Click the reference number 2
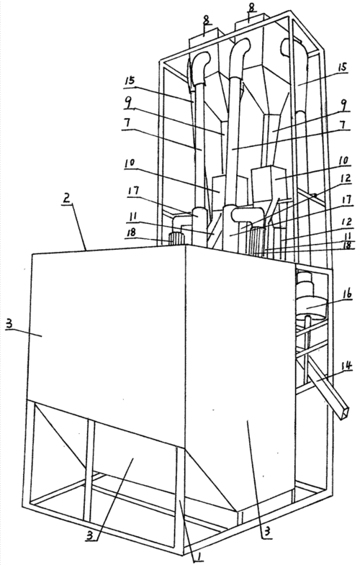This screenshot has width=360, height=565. [67, 198]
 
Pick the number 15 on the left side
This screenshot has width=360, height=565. [130, 81]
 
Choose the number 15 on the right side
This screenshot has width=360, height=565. [342, 67]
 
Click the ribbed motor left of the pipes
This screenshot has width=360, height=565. [177, 239]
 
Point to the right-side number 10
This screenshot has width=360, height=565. [344, 160]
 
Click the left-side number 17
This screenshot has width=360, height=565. [134, 190]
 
